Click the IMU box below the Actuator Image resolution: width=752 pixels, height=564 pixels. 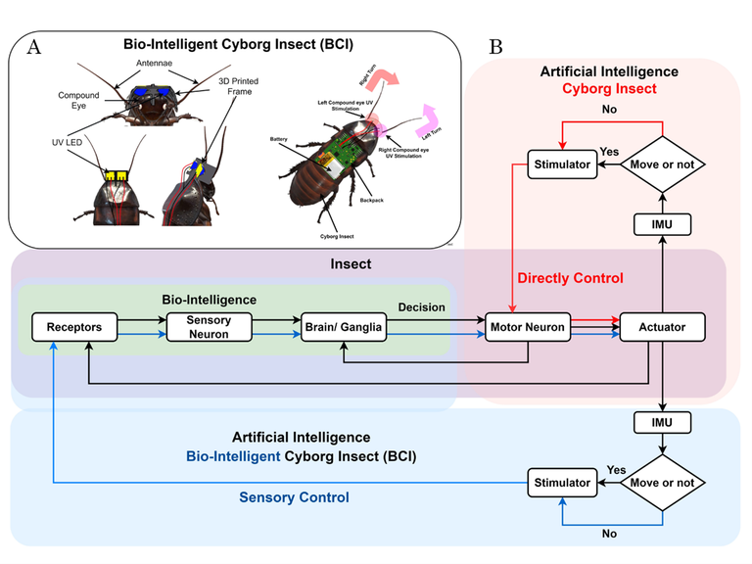coord(665,423)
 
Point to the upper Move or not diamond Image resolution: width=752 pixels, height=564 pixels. coord(665,164)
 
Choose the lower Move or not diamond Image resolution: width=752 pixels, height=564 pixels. coord(665,483)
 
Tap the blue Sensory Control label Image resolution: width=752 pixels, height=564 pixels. coord(295,497)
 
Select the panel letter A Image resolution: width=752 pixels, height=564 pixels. coord(35,46)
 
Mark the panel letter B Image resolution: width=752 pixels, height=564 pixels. coord(495,46)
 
